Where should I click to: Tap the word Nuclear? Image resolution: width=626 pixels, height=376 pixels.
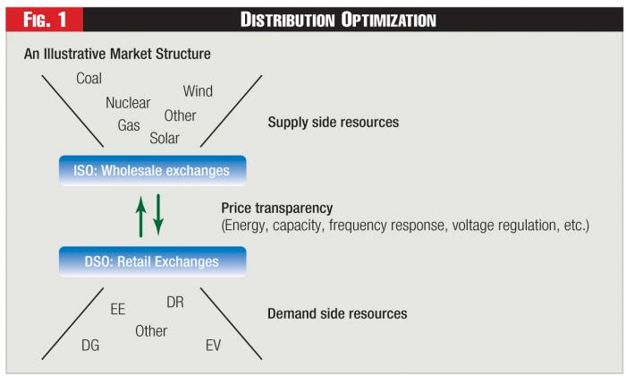point(128,103)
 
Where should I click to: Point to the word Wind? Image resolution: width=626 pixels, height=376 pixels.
point(198,91)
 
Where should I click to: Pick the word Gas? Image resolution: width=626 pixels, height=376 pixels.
point(129,125)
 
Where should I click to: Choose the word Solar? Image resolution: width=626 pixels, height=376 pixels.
point(164,138)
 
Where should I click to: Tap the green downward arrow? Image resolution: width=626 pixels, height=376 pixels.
point(158,215)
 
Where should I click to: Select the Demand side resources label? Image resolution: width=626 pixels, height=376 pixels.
point(337,314)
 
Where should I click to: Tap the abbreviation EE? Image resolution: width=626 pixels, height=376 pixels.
point(118,309)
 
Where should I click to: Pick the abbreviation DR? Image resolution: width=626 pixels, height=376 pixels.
point(175,303)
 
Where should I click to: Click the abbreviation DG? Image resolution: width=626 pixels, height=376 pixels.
point(90,344)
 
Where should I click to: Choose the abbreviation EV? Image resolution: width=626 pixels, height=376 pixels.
point(213,344)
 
